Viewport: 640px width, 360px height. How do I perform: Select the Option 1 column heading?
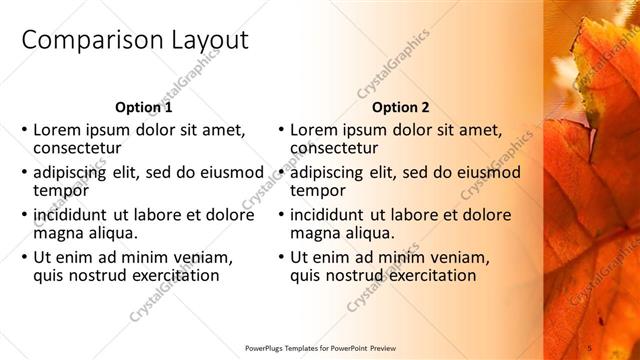[x=143, y=107]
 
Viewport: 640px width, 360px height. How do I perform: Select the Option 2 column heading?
[x=400, y=107]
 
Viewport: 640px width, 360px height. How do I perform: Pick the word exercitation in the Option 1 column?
[x=167, y=275]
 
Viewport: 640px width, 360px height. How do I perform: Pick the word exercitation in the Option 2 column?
[x=424, y=275]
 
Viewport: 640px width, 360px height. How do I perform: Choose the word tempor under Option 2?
[x=318, y=190]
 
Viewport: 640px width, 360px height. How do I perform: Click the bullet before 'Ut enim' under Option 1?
[x=24, y=257]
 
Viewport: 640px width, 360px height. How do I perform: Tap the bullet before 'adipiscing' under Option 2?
[x=281, y=172]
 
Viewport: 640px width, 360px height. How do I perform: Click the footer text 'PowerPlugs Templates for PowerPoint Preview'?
[x=320, y=348]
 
